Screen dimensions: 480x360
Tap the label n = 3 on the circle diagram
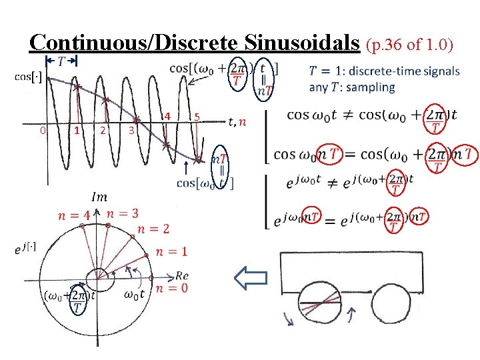tap(123, 213)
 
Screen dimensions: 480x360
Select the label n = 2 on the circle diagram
tap(153, 229)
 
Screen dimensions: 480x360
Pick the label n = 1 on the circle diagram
tap(171, 251)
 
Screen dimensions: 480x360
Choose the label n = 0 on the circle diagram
tap(171, 288)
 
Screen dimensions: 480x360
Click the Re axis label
tap(182, 275)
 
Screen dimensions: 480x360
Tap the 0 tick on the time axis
tap(42, 130)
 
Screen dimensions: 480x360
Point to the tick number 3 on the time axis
tap(132, 130)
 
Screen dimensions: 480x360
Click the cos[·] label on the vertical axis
tap(29, 77)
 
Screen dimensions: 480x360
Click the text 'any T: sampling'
tap(352, 87)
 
